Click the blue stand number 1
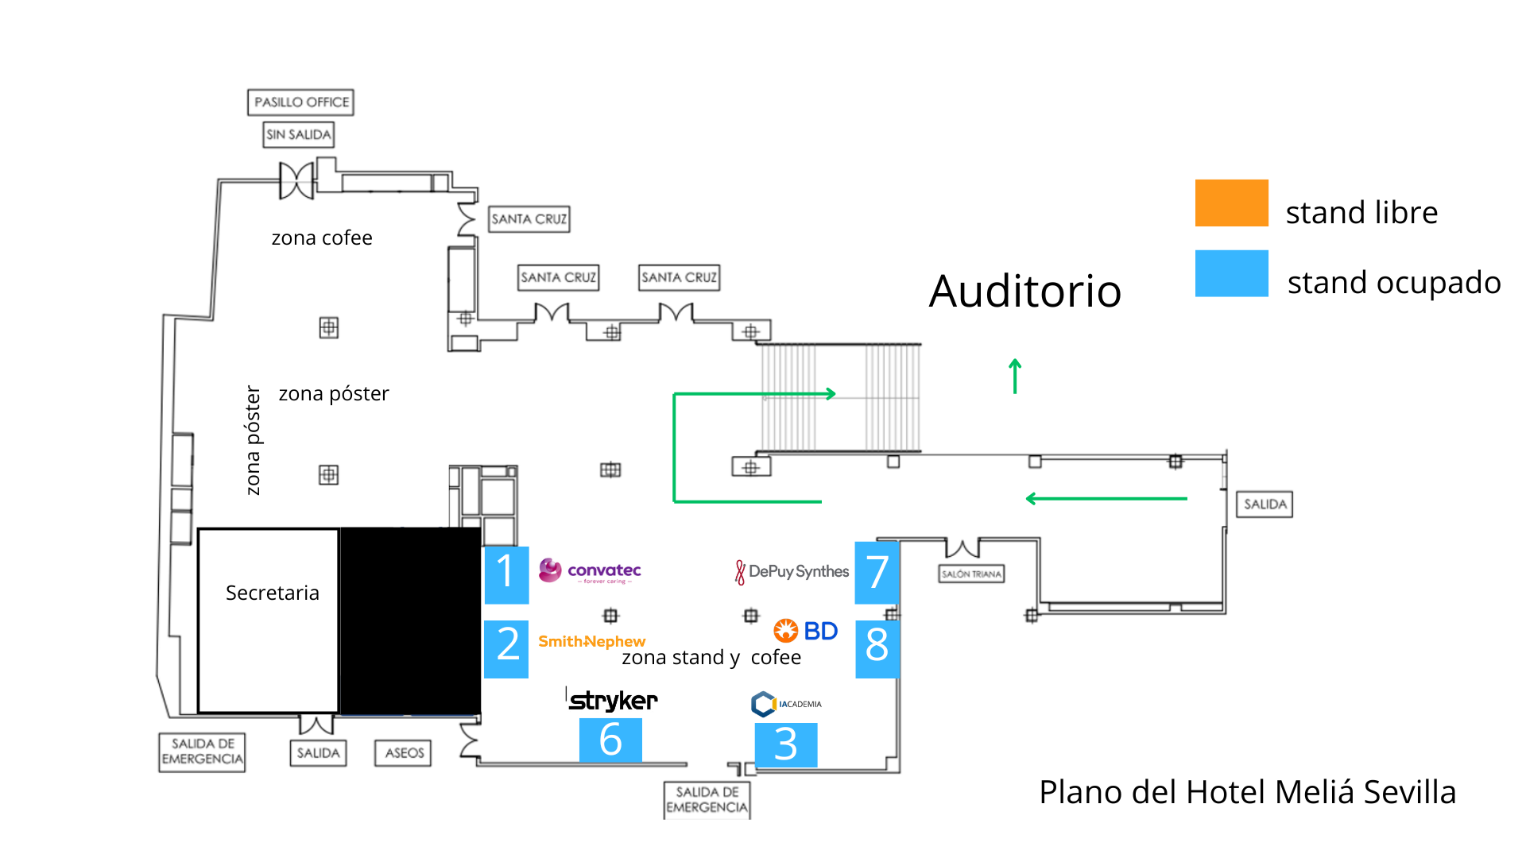pos(506,574)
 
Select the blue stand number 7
pos(877,572)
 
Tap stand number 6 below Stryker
pos(610,740)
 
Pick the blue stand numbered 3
pos(785,744)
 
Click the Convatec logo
pos(590,570)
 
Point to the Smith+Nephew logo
pos(591,641)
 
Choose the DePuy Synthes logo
pos(792,571)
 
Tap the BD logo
pos(806,631)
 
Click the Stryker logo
pos(613,700)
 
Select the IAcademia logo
pos(786,704)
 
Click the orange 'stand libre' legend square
pos(1231,203)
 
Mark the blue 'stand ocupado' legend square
pos(1231,273)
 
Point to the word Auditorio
pos(1024,291)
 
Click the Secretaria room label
pos(272,593)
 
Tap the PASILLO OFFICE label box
pos(300,102)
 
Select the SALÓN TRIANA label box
pos(971,574)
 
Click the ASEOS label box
pos(403,752)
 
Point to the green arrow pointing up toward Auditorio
pos(1015,376)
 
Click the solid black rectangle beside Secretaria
pos(410,620)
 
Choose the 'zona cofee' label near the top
pos(322,238)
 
